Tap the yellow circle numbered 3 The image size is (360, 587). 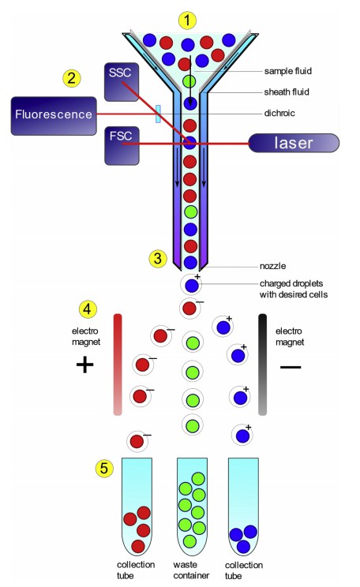tap(159, 257)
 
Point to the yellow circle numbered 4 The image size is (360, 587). tap(88, 305)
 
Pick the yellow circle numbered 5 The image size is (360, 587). tap(103, 468)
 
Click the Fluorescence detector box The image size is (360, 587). tap(52, 114)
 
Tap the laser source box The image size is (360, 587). tap(293, 144)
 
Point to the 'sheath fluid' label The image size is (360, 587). tap(287, 92)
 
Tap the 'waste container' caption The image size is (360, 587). tap(189, 570)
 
